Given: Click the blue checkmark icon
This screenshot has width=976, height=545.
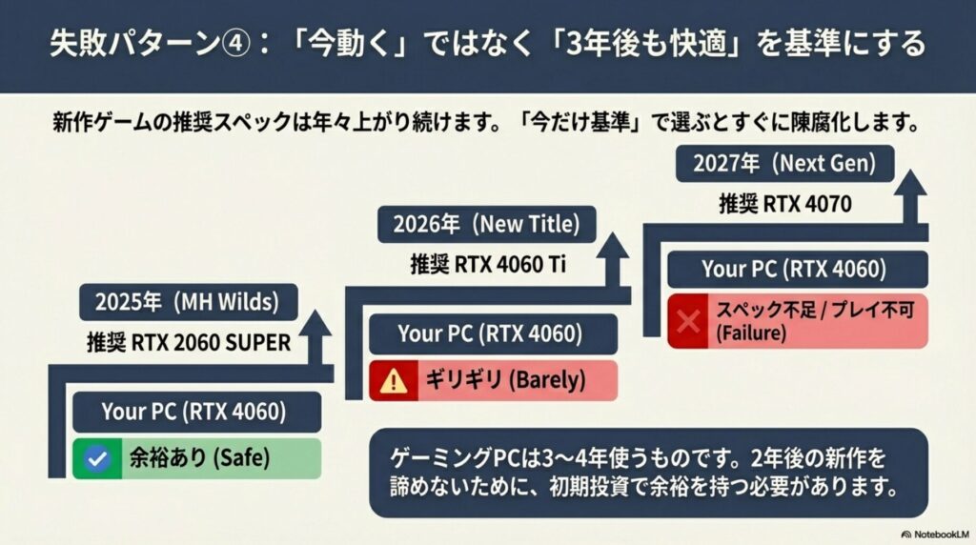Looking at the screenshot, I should click(93, 459).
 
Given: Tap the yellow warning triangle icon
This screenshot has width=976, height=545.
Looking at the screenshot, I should click(392, 381).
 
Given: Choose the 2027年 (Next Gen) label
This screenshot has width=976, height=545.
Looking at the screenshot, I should click(784, 163).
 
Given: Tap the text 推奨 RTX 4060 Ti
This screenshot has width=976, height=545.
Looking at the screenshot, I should click(488, 264).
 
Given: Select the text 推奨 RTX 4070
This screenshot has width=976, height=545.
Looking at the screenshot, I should click(784, 203).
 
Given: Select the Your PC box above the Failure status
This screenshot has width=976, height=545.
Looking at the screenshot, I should click(797, 270).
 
